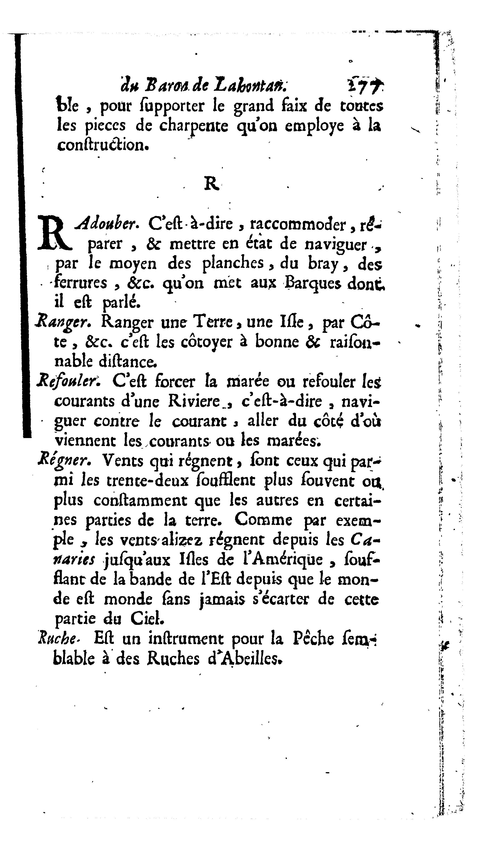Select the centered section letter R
[x=211, y=184]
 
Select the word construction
[x=103, y=145]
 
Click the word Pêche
[x=313, y=639]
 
